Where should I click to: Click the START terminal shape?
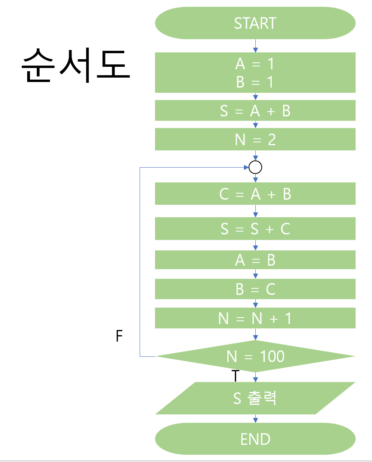tap(255, 23)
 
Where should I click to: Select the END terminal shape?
tap(255, 439)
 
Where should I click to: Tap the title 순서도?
tap(76, 66)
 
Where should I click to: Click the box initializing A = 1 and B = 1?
tap(255, 72)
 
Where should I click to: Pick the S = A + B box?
tap(255, 110)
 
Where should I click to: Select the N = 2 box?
tap(255, 139)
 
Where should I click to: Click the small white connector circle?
tap(255, 167)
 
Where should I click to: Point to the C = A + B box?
tap(255, 194)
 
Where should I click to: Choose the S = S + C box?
tap(255, 228)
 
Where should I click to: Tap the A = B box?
tap(255, 260)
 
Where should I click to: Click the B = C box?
tap(255, 289)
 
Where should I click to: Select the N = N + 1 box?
tap(255, 318)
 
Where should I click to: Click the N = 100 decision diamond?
tap(255, 356)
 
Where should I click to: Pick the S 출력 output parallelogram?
tap(255, 398)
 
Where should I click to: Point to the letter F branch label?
tap(119, 336)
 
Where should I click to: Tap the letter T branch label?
tap(235, 376)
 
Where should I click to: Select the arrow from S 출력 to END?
tap(255, 418)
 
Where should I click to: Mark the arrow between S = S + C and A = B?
tap(255, 245)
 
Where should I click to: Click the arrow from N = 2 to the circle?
tap(255, 156)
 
